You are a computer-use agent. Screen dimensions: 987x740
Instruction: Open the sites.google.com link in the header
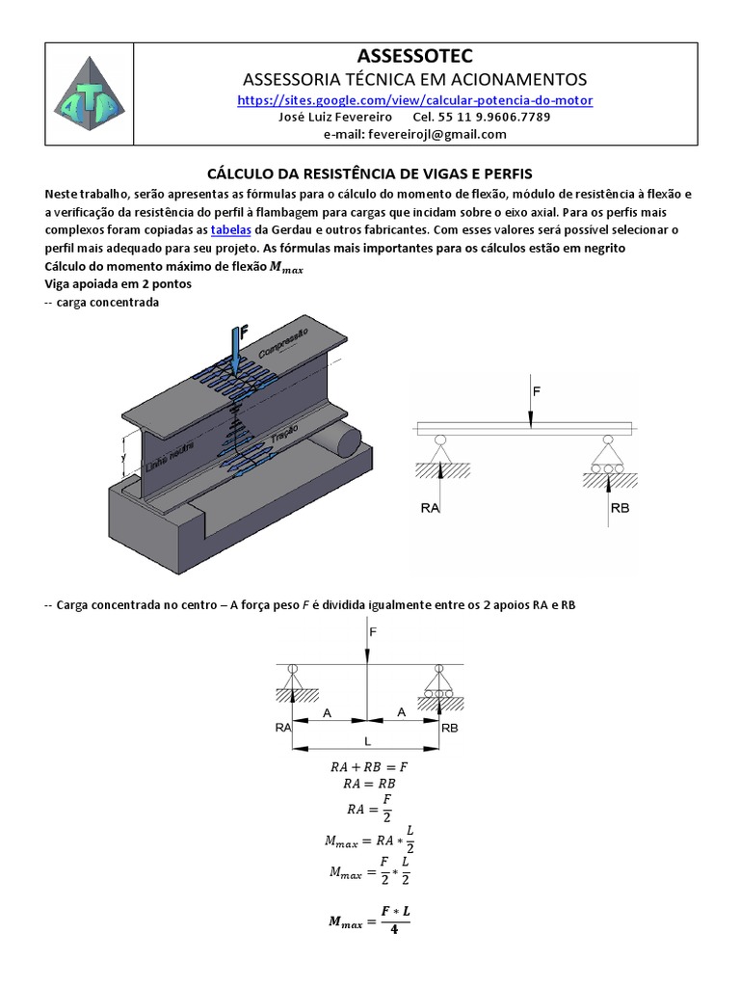click(x=415, y=100)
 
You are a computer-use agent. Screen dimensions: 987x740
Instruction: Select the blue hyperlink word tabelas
click(x=231, y=229)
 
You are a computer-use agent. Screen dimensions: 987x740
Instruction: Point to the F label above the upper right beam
click(x=538, y=392)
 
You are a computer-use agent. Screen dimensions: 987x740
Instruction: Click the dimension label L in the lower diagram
click(x=366, y=740)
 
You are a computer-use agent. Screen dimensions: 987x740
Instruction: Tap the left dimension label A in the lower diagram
click(x=329, y=712)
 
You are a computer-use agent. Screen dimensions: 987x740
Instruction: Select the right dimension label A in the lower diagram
click(x=404, y=712)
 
